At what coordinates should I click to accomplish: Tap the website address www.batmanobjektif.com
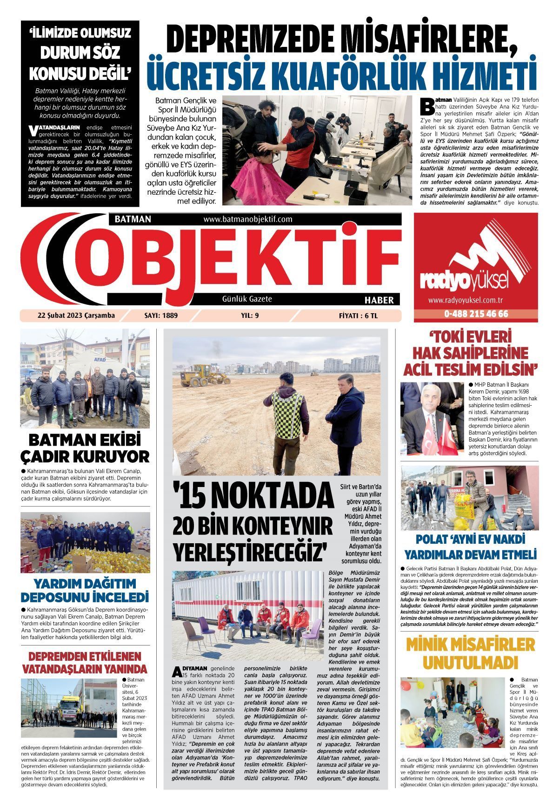click(x=247, y=219)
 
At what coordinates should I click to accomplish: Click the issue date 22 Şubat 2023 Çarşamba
click(x=76, y=316)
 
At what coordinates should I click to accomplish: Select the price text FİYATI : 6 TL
click(x=358, y=316)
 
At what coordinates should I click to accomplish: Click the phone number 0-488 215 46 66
click(x=476, y=314)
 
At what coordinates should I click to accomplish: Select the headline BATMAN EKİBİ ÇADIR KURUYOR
click(x=85, y=448)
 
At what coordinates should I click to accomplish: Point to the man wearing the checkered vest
click(x=284, y=423)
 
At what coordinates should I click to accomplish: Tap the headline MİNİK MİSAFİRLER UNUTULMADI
click(x=470, y=653)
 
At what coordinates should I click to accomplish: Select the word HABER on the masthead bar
click(x=379, y=300)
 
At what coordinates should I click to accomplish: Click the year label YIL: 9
click(x=250, y=316)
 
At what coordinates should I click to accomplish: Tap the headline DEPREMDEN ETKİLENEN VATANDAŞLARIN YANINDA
click(x=85, y=663)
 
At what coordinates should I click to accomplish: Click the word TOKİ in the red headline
click(x=449, y=337)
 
